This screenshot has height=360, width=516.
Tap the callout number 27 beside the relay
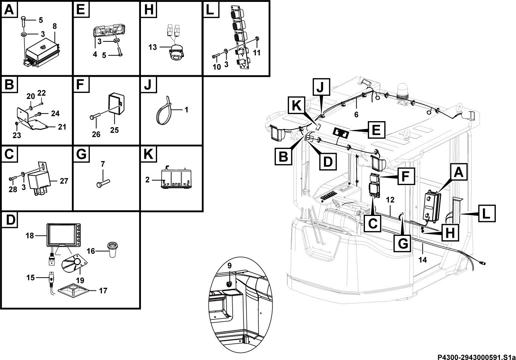pyautogui.click(x=64, y=181)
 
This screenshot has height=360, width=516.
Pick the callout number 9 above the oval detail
pyautogui.click(x=229, y=266)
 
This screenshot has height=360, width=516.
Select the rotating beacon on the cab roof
pyautogui.click(x=402, y=94)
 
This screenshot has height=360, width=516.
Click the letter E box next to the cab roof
pyautogui.click(x=376, y=130)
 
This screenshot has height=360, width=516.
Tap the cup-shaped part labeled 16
pyautogui.click(x=113, y=249)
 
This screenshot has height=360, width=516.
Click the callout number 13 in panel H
pyautogui.click(x=153, y=47)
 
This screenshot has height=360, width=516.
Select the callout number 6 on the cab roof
pyautogui.click(x=356, y=115)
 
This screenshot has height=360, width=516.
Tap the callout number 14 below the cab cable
pyautogui.click(x=422, y=260)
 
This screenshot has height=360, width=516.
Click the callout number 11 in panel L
pyautogui.click(x=257, y=53)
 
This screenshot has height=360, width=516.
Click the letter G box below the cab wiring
pyautogui.click(x=403, y=243)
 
